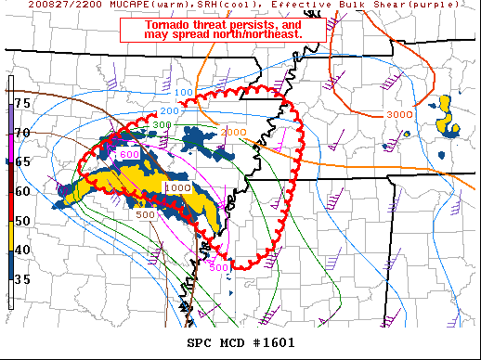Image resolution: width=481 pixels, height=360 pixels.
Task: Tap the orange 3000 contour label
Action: click(399, 114)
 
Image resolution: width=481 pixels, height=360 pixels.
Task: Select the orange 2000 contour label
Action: click(233, 132)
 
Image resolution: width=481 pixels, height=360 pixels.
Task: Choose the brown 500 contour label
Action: click(145, 215)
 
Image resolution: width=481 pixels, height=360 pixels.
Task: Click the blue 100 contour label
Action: click(184, 93)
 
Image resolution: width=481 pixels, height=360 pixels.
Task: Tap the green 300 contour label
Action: click(162, 124)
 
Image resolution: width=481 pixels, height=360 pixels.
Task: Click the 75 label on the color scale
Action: click(22, 102)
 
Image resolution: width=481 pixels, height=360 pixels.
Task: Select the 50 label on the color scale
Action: click(22, 220)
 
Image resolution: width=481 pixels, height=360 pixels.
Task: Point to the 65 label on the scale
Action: click(22, 161)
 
